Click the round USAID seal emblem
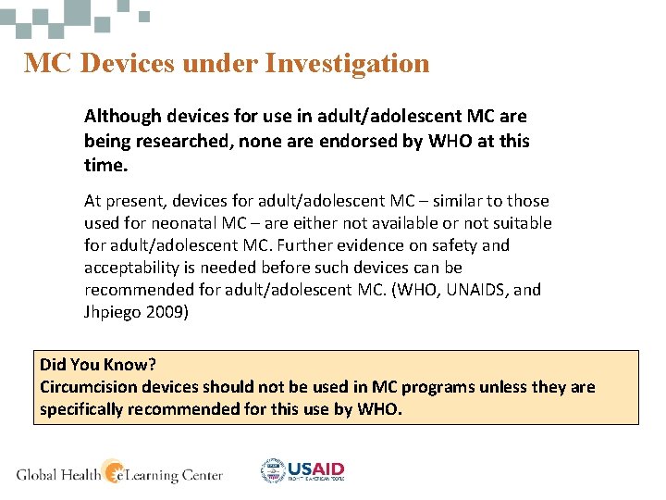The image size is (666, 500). [274, 471]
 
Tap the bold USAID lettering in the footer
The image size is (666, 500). [316, 469]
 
